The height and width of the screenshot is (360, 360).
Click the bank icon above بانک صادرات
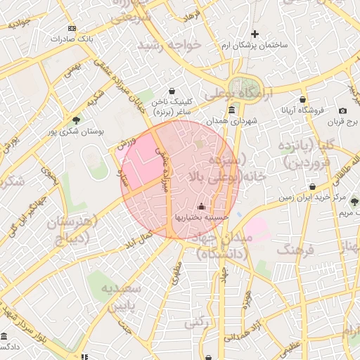71,28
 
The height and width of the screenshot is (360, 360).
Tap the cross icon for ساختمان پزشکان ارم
255,34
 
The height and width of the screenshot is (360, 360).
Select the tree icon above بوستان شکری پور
76,120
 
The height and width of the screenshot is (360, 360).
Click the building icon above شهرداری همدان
232,110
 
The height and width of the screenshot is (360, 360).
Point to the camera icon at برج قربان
342,110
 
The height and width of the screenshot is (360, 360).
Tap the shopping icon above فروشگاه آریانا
302,99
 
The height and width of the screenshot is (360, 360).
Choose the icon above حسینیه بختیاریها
202,207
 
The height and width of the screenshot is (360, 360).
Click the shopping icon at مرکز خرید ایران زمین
312,187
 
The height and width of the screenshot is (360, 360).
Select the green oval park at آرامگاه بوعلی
250,84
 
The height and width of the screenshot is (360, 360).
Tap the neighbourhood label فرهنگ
293,250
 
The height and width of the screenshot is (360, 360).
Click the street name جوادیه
19,23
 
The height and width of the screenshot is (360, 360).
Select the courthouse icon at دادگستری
4,336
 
